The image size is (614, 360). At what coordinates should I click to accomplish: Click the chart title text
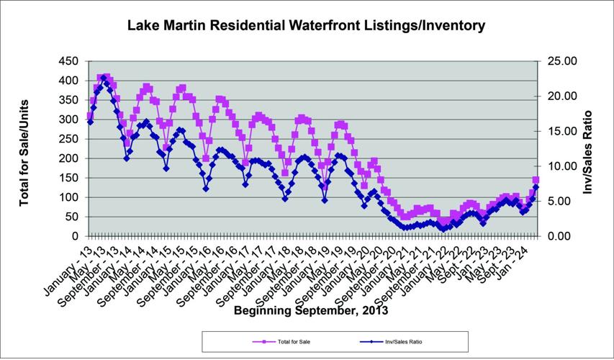(x=306, y=26)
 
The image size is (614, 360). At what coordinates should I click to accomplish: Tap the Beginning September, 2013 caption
(x=310, y=311)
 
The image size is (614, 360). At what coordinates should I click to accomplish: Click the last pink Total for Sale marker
(x=536, y=180)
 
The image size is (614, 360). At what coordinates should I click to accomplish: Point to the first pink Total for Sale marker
(x=90, y=116)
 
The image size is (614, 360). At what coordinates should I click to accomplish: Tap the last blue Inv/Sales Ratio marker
(x=536, y=187)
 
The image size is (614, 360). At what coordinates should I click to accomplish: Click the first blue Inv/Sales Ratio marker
(x=90, y=122)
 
